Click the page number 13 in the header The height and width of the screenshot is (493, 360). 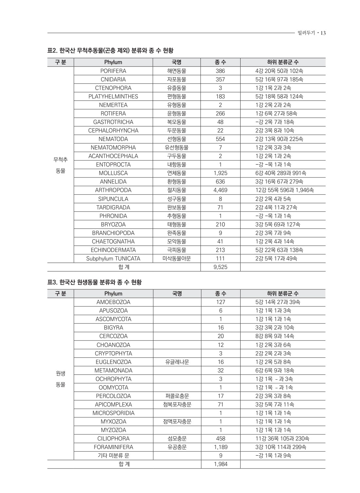(x=323, y=33)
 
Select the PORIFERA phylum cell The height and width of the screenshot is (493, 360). (x=113, y=71)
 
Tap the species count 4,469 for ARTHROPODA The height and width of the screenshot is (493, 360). (x=220, y=190)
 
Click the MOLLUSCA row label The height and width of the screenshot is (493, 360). (x=113, y=173)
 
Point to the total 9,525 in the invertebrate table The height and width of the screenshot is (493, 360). (x=220, y=267)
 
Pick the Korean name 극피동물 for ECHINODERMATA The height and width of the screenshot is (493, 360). (x=177, y=250)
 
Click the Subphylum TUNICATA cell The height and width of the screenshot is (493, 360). (x=113, y=259)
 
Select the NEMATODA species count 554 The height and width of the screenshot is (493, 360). (x=220, y=139)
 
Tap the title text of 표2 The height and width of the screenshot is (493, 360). (x=110, y=51)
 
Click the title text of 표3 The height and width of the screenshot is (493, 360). (x=95, y=282)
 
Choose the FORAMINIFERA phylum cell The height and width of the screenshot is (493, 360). (x=113, y=447)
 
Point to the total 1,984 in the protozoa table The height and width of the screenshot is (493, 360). (x=221, y=464)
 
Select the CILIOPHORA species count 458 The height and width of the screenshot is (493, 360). (x=221, y=439)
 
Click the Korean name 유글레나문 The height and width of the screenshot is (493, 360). (x=177, y=362)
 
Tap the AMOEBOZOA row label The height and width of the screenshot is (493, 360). (x=113, y=302)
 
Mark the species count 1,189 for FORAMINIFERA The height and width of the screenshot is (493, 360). (x=221, y=447)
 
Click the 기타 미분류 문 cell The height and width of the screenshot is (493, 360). (x=113, y=456)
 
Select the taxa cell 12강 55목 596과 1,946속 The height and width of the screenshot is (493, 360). (x=284, y=190)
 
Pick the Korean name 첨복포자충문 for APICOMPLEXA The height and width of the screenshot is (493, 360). (x=177, y=405)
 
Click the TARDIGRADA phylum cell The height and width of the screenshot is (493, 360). (x=113, y=208)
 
